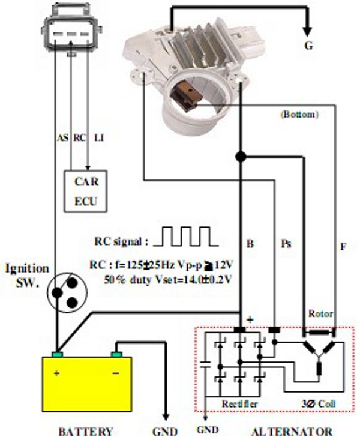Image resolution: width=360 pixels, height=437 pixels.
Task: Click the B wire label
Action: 250,244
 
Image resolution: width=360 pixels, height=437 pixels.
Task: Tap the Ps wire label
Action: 286,244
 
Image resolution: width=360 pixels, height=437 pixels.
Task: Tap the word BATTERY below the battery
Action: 85,430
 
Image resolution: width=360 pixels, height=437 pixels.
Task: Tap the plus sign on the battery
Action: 58,373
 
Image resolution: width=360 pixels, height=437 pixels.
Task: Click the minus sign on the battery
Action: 115,373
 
